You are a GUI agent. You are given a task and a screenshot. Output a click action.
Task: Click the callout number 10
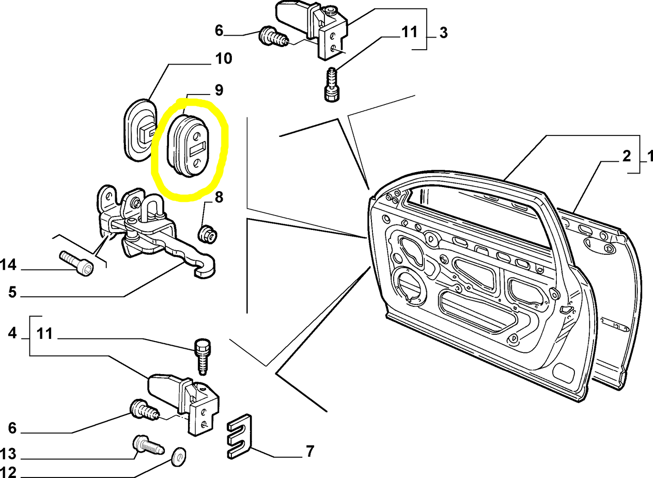223,59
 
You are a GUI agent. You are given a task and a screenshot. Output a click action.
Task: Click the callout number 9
219,90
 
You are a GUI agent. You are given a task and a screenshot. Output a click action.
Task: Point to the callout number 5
12,292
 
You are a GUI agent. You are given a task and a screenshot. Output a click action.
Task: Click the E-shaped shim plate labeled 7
239,436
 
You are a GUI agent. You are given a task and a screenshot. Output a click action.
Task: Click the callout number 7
310,451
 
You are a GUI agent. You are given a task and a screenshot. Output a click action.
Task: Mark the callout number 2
626,156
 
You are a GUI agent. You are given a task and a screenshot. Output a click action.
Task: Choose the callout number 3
443,33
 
